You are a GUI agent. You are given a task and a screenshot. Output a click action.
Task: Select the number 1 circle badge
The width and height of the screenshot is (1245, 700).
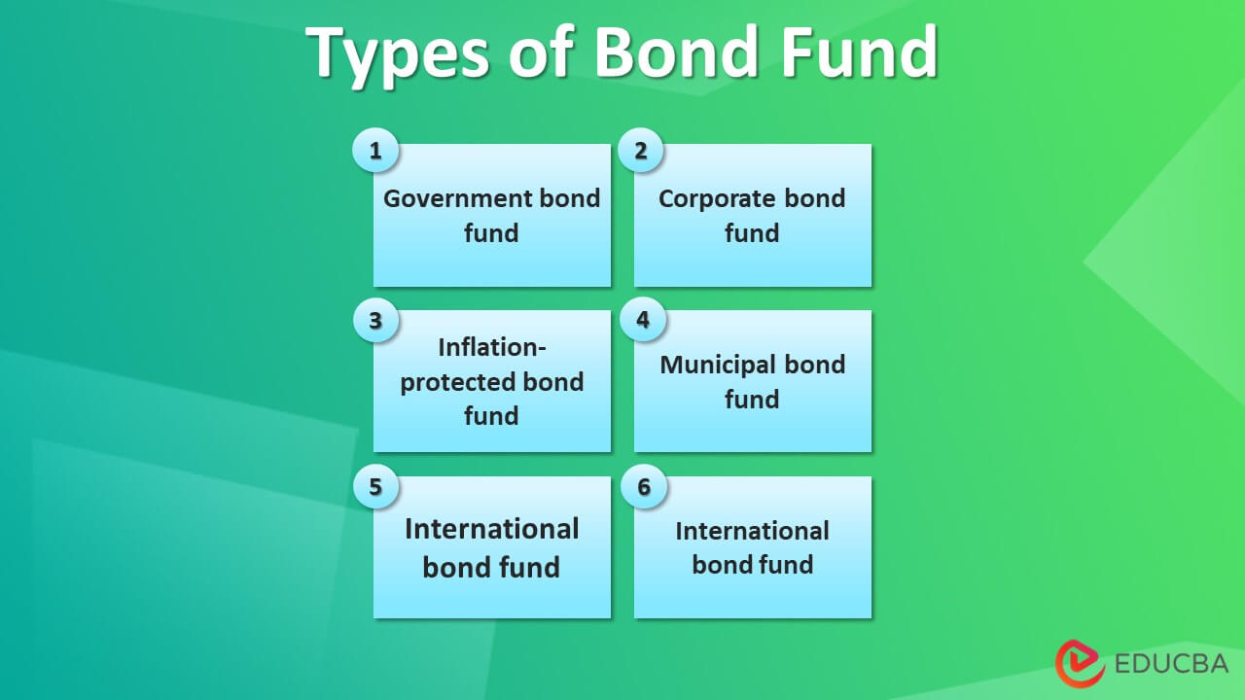[374, 151]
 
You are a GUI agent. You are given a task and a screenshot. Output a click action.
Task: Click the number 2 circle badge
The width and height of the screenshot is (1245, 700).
[641, 151]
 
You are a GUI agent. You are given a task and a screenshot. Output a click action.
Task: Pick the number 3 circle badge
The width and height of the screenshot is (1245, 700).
[374, 319]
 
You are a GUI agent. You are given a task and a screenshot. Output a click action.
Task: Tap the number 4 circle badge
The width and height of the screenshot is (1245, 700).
[642, 319]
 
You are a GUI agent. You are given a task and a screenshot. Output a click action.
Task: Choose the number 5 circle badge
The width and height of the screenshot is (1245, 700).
[374, 485]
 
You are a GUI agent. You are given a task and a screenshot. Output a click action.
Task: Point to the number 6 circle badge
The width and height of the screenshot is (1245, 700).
[642, 485]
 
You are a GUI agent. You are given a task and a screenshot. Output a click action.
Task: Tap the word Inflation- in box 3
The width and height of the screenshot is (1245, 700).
[492, 347]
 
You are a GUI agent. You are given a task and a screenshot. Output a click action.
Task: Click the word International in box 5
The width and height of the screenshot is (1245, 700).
[492, 529]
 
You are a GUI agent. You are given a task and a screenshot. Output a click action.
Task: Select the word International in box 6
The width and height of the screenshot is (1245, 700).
[752, 531]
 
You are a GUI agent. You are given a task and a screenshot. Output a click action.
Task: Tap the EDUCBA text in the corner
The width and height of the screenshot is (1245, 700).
[1171, 665]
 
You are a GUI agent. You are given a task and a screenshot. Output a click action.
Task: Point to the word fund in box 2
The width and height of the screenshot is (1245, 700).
[752, 233]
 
